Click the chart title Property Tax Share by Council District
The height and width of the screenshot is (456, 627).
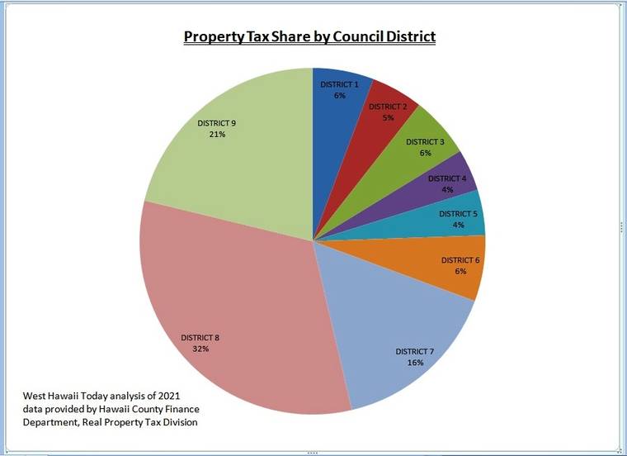pos(309,37)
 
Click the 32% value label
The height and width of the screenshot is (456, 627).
pos(201,349)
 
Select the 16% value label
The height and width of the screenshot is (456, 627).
pos(415,363)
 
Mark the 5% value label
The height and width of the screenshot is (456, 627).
pos(388,118)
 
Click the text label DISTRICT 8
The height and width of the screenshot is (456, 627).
pos(201,338)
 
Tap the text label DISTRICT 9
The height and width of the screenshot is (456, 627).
pos(217,123)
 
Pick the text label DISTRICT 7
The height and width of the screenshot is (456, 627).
pos(415,352)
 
